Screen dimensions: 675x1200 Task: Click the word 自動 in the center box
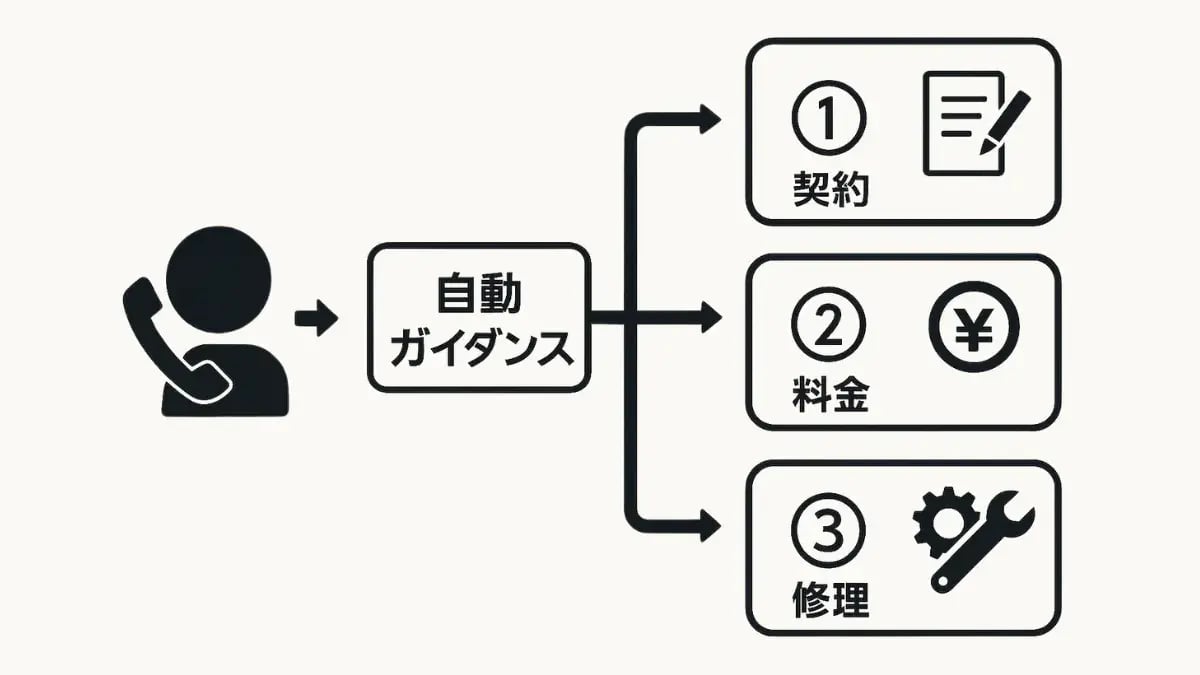tap(479, 295)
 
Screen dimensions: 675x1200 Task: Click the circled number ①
tap(828, 119)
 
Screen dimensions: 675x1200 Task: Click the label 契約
tap(830, 189)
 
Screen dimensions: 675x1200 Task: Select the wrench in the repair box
tap(985, 545)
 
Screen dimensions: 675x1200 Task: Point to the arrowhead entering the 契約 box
tap(710, 119)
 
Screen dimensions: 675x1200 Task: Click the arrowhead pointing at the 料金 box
tap(710, 321)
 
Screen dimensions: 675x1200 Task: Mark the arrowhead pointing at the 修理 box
tap(710, 526)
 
